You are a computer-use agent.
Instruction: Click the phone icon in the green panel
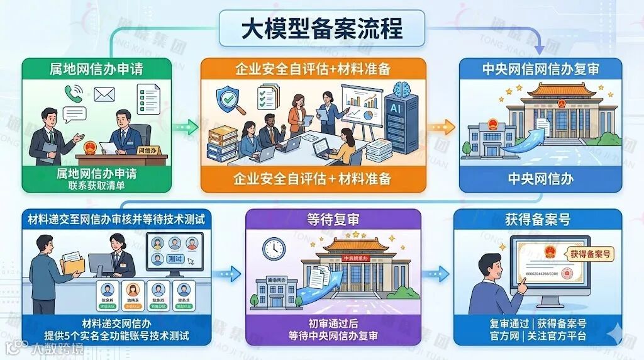[71, 94]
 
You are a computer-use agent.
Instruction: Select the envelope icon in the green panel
[104, 94]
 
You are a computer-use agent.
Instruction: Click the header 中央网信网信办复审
[540, 69]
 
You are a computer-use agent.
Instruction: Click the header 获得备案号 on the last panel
[538, 220]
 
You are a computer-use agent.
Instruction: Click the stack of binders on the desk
[223, 142]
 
